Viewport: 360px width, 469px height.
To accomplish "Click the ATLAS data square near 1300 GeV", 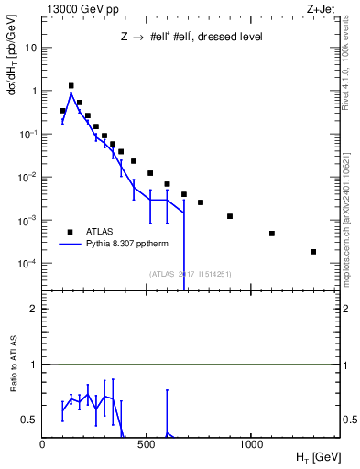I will pos(313,252).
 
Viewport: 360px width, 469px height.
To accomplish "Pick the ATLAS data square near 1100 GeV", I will pos(272,234).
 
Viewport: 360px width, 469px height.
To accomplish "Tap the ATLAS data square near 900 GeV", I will pos(230,216).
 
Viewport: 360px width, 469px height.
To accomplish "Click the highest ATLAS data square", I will pos(71,85).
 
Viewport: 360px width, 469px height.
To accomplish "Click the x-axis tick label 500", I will pos(147,445).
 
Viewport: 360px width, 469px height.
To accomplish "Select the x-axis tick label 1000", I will pos(251,445).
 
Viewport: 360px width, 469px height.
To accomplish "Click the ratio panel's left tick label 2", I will pos(34,309).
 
